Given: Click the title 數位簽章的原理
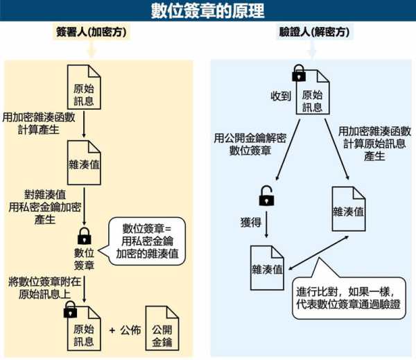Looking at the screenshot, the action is tap(207, 10).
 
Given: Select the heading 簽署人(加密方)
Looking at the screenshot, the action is tap(92, 32).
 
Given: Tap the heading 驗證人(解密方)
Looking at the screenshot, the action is tap(314, 32).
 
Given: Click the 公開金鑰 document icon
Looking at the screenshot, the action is tap(162, 328).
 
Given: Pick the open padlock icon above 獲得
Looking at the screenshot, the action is tap(266, 196).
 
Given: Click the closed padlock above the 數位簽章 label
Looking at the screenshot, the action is tap(85, 236).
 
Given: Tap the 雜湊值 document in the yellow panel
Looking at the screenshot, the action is tap(84, 163).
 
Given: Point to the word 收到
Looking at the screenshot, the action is tap(281, 96).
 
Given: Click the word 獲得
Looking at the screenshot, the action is tap(251, 222).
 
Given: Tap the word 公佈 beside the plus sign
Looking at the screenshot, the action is tap(130, 330).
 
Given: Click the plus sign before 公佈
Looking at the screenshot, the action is tap(112, 330).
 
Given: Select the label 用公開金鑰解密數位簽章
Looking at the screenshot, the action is tap(250, 144).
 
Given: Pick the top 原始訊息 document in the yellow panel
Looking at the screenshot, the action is tap(84, 87).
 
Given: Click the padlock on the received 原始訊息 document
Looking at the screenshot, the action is tap(299, 73).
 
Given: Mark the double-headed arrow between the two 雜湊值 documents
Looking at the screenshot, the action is tap(318, 252).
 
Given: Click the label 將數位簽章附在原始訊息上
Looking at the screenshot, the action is tap(44, 288).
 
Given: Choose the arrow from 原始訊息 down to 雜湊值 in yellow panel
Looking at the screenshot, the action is tap(84, 124).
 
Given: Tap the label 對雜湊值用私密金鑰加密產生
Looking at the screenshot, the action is tap(44, 207).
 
